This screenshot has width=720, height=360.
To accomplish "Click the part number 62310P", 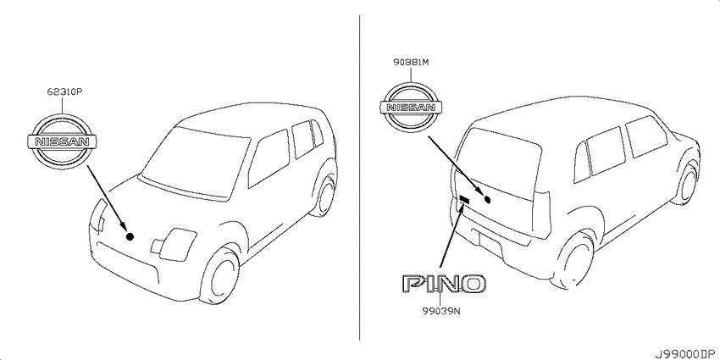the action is pyautogui.click(x=64, y=91).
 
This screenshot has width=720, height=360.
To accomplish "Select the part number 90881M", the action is pyautogui.click(x=411, y=63).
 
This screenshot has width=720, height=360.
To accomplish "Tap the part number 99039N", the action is pyautogui.click(x=441, y=312).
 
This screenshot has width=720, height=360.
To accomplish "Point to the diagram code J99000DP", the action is pyautogui.click(x=686, y=354).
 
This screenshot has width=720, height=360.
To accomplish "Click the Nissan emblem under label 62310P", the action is pyautogui.click(x=62, y=141).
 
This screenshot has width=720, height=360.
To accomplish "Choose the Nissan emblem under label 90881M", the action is pyautogui.click(x=411, y=108).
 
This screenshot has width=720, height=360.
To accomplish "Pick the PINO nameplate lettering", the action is pyautogui.click(x=444, y=284).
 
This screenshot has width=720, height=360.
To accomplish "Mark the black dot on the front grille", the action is pyautogui.click(x=130, y=236).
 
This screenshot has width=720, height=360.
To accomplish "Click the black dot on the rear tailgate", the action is pyautogui.click(x=488, y=199).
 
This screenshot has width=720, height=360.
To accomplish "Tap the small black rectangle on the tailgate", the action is pyautogui.click(x=464, y=199).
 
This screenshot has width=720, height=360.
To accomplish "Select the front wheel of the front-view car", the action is pyautogui.click(x=219, y=274).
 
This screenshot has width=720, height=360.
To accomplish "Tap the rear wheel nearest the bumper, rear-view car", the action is pyautogui.click(x=575, y=260).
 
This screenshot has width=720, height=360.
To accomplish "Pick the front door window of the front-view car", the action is pyautogui.click(x=269, y=158).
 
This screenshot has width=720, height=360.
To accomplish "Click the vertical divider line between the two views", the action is pyautogui.click(x=359, y=177).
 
